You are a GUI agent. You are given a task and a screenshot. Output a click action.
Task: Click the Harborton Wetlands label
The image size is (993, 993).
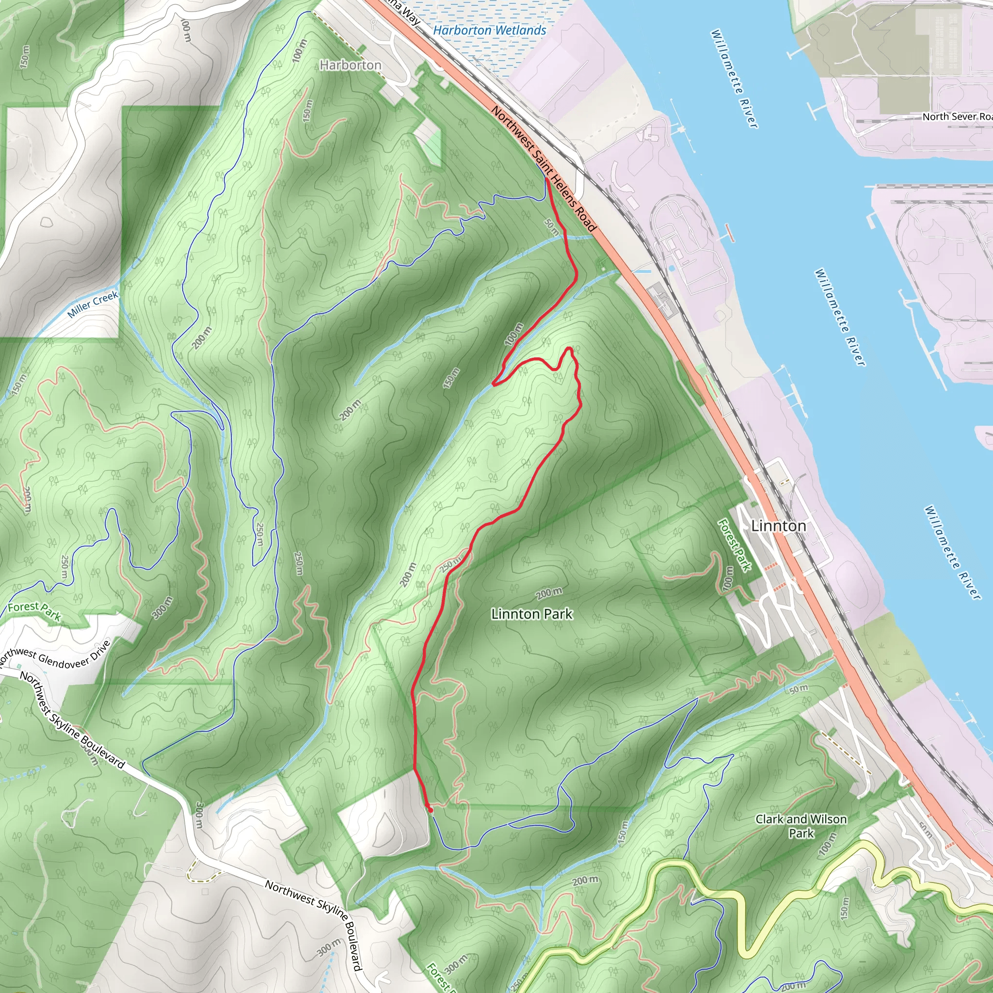coord(489,31)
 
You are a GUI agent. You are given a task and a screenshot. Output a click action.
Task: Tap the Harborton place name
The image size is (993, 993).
coord(351,65)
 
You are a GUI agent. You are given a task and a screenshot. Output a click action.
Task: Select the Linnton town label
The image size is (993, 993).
coord(778,526)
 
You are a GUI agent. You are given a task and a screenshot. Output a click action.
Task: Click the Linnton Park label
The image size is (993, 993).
coord(531,614)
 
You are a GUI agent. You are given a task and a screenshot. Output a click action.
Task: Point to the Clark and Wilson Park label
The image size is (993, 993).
coord(801,826)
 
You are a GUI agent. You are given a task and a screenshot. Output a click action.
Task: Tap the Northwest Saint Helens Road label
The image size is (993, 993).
coord(543,169)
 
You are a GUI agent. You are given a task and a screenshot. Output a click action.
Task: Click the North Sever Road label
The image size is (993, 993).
coord(956,117)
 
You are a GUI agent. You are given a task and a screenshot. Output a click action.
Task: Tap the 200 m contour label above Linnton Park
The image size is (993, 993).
coord(549,593)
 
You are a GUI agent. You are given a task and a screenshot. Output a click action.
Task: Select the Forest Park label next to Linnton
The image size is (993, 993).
coord(735,545)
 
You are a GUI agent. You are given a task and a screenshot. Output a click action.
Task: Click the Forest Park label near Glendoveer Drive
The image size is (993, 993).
coord(34,610)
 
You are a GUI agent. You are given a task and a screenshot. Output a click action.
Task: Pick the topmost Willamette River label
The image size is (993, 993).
coord(734,78)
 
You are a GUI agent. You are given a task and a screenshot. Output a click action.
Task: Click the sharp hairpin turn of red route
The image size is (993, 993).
coord(494,384)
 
